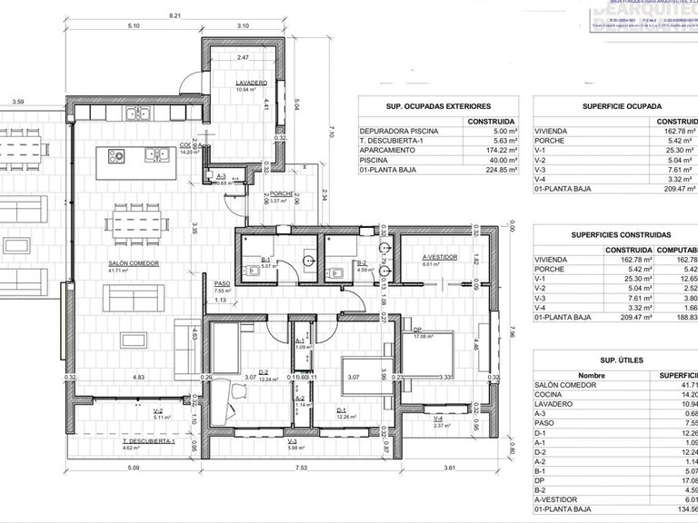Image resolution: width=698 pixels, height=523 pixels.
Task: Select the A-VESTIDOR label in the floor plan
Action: (x=438, y=256)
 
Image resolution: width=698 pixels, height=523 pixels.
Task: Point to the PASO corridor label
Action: (x=222, y=283)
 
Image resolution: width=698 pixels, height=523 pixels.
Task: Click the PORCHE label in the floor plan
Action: (x=281, y=192)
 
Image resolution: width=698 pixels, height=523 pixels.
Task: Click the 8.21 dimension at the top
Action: (x=175, y=15)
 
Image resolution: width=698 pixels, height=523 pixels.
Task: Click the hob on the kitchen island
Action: (x=119, y=156)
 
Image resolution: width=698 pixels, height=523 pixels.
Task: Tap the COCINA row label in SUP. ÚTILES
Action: (x=550, y=395)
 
